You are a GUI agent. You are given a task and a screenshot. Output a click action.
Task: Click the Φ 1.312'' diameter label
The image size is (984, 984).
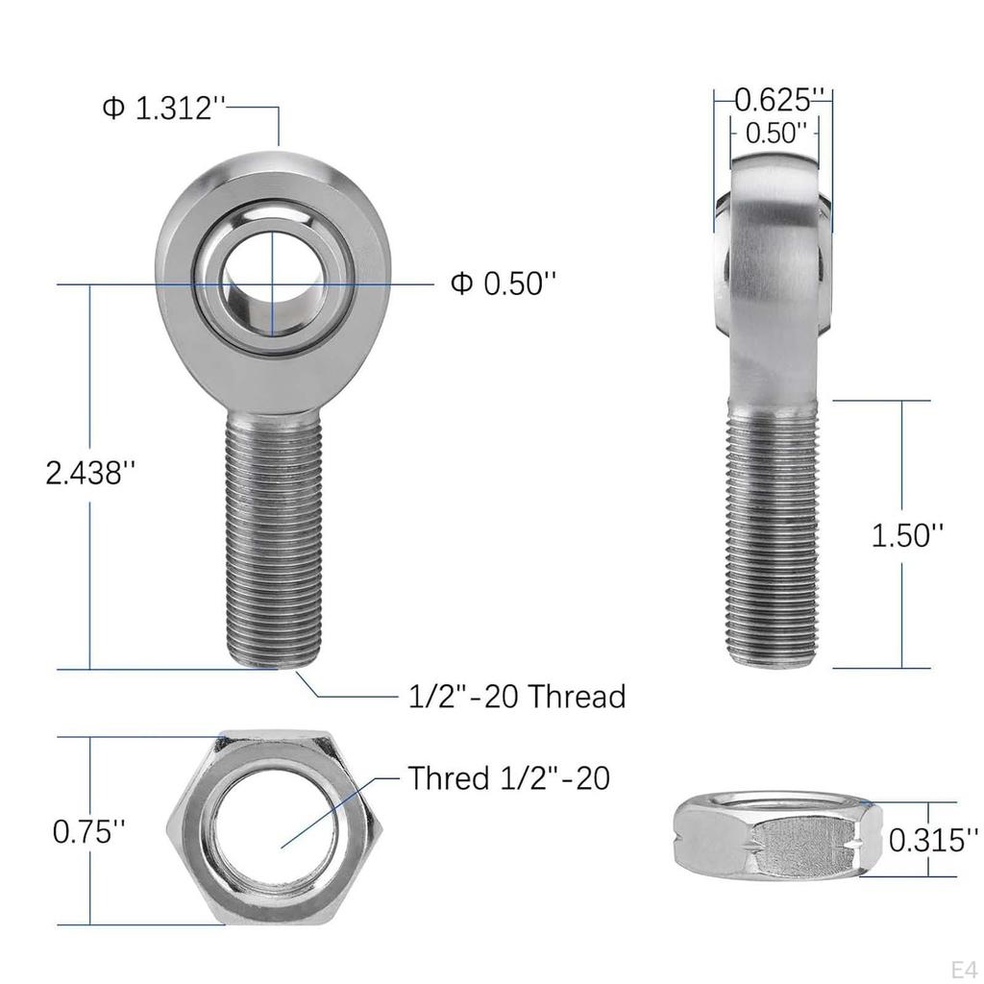pyautogui.click(x=163, y=108)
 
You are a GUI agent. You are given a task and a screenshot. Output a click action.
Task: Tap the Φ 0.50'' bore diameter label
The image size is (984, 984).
pyautogui.click(x=504, y=283)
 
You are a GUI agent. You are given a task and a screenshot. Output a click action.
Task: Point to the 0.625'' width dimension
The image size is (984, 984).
pyautogui.click(x=779, y=98)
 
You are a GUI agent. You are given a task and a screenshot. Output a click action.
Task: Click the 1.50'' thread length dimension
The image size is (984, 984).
pyautogui.click(x=907, y=535)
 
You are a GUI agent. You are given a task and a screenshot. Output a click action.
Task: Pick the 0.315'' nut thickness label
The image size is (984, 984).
pyautogui.click(x=926, y=841)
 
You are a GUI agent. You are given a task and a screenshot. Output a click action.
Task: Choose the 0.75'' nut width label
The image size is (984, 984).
pyautogui.click(x=88, y=831)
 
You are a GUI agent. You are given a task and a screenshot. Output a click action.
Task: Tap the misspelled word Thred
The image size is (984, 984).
pyautogui.click(x=449, y=777)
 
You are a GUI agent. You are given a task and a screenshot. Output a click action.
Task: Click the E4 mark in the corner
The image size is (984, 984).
pyautogui.click(x=964, y=968)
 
